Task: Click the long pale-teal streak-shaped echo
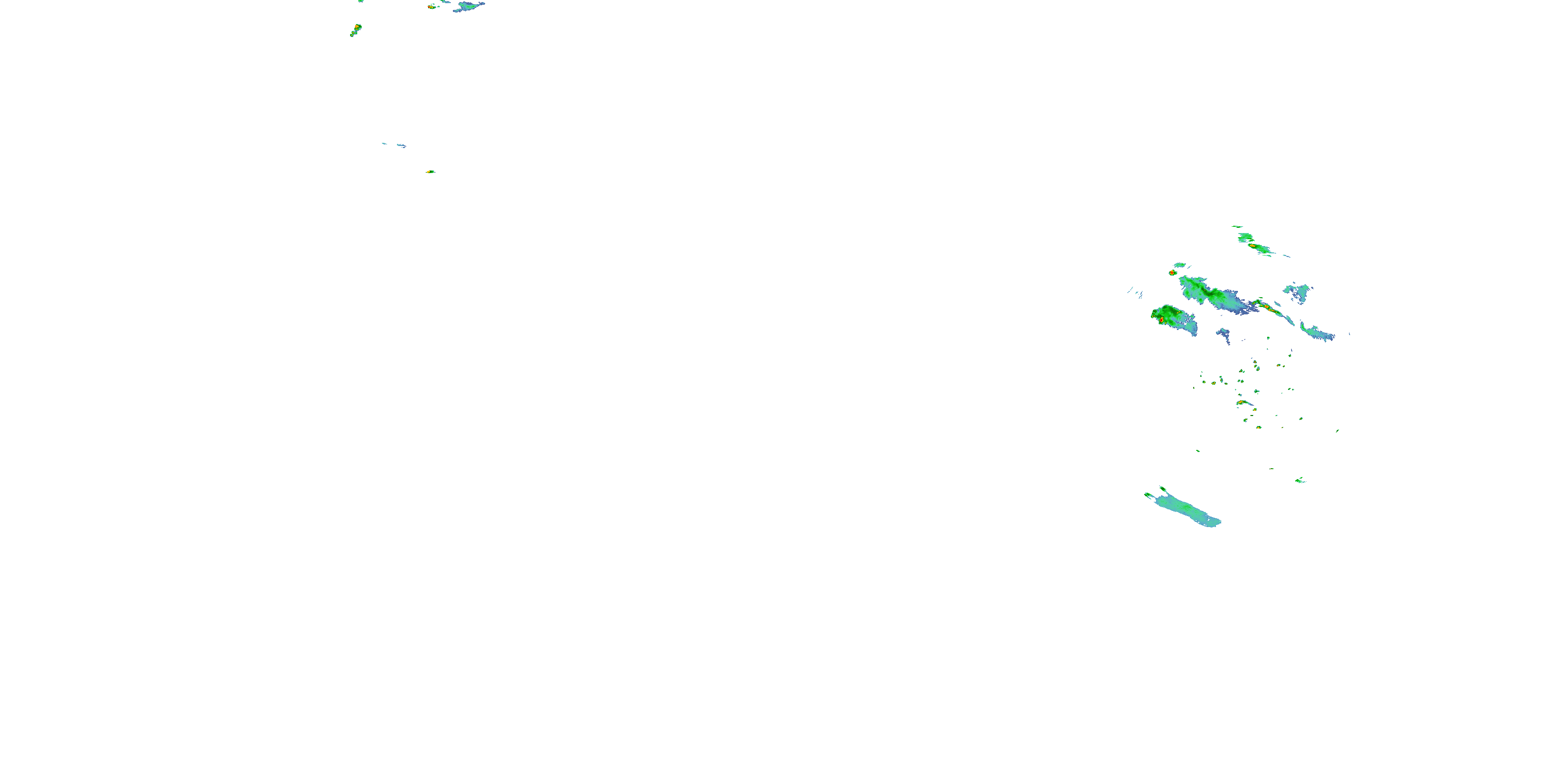coord(1185,510)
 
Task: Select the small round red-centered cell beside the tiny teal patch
coord(1172,273)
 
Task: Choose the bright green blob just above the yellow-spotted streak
coord(1245,237)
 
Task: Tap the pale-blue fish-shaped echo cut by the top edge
coord(468,7)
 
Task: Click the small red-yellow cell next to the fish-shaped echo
coord(431,7)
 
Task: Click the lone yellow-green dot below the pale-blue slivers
coord(430,172)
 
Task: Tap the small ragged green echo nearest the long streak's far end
coord(1300,480)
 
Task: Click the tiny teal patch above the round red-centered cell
coord(1180,265)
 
